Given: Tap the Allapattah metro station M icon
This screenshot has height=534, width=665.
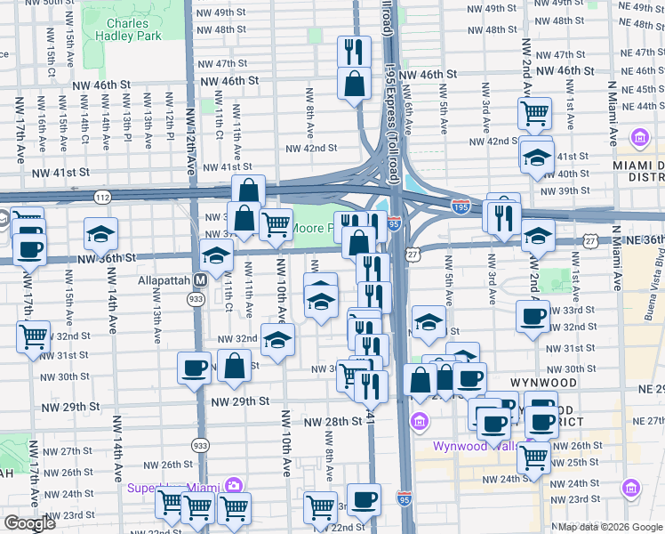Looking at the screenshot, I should click(201, 279).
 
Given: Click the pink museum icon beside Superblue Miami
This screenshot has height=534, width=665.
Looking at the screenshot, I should click(233, 486).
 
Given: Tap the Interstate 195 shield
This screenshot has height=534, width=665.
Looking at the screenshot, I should click(461, 206).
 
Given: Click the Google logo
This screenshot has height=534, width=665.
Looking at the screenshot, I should click(29, 523).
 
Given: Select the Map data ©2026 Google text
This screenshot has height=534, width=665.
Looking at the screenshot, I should click(610, 526).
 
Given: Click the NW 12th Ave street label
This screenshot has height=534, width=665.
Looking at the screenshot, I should click(189, 142).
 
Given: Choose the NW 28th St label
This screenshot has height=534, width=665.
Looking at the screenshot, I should click(333, 420).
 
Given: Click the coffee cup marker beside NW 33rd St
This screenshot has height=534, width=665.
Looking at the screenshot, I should click(533, 316).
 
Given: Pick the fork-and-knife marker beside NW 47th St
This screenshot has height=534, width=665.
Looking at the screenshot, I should click(355, 50).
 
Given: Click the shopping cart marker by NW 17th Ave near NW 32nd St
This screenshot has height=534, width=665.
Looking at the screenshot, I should click(33, 336).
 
